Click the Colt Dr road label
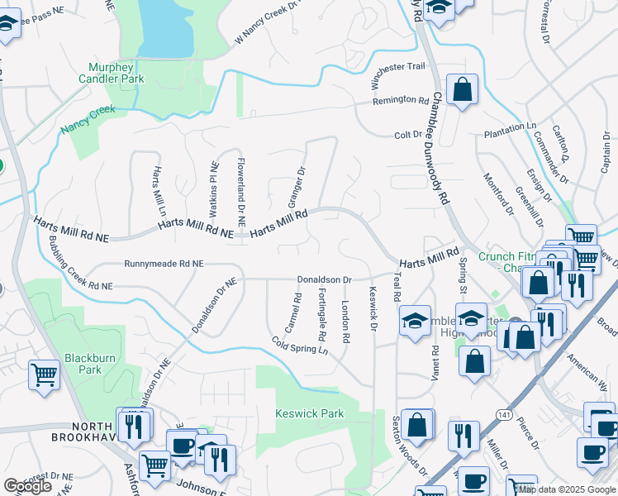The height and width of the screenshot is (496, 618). click(x=408, y=134)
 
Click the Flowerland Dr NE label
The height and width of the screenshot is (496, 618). click(x=240, y=192)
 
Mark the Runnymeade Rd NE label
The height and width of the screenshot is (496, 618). click(x=163, y=264)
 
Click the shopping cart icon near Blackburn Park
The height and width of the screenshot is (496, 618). click(x=44, y=374)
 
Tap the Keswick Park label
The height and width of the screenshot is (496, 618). click(x=309, y=413)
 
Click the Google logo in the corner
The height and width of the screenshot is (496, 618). click(x=27, y=487)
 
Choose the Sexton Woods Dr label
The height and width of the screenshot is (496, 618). click(x=410, y=458)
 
